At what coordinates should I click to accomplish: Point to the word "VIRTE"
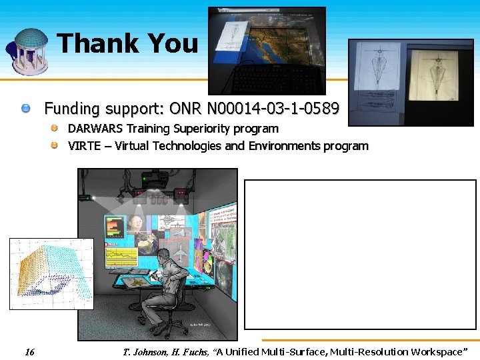[84, 146]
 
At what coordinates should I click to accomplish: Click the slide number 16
[29, 352]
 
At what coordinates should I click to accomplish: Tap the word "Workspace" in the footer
[437, 352]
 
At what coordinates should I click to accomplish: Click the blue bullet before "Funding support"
[25, 108]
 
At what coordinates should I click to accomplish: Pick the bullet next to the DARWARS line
[57, 128]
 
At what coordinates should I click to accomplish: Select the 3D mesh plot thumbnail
[51, 273]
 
